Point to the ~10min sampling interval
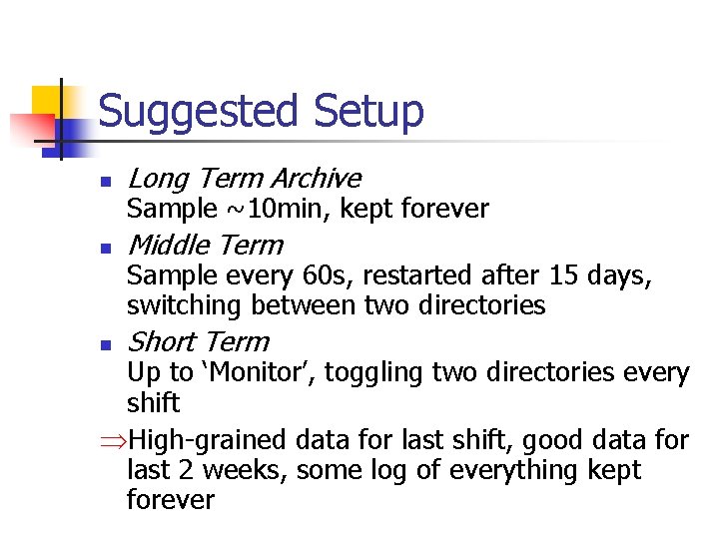[x=269, y=209]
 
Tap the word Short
[x=164, y=341]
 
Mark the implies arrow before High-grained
[x=115, y=440]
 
